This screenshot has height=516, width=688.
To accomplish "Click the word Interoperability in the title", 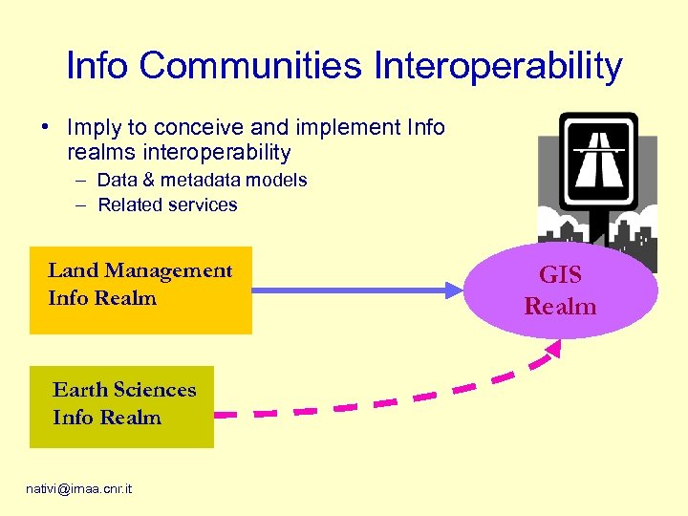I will (498, 66).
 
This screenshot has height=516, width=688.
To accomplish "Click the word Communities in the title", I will (247, 66).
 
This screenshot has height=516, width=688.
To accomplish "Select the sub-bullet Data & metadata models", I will (202, 180).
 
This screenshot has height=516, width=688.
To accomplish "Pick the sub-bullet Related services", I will (167, 204).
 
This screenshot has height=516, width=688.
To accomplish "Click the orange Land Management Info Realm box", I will (140, 288).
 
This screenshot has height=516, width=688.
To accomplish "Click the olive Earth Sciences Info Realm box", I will (121, 406).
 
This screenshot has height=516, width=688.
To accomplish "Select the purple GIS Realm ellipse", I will (561, 290).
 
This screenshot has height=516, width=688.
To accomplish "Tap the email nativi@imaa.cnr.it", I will (79, 489).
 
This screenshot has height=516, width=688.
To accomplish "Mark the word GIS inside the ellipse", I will (560, 275).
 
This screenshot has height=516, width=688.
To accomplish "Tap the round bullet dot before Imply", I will (45, 128).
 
